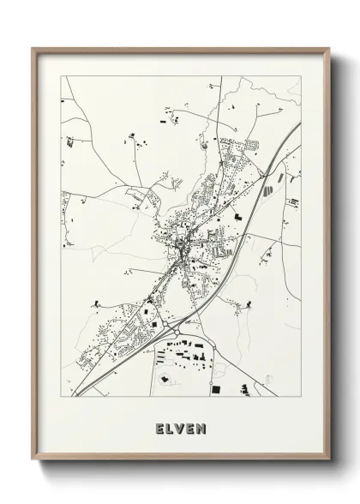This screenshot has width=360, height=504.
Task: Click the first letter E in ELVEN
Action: pos(159,426)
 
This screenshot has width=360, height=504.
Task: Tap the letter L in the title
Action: pos(170,426)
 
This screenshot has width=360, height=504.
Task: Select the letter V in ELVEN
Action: pos(180,426)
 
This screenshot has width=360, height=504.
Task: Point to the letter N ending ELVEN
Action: pos(202,426)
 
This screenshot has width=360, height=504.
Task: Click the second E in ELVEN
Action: pos(191,426)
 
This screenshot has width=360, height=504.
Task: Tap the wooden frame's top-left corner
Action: pos(33,49)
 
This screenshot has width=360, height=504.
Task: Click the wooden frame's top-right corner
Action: pos(328,49)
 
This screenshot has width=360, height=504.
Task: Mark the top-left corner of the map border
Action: pos(61,76)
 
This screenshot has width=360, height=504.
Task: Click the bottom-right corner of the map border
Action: pos(301,398)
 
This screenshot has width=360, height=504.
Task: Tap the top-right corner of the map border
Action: pos(301,76)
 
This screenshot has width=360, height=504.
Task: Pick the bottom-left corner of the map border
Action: pos(61,398)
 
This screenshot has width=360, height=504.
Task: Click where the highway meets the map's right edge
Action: pos(300,124)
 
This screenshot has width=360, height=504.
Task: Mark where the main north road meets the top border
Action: pos(221,77)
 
